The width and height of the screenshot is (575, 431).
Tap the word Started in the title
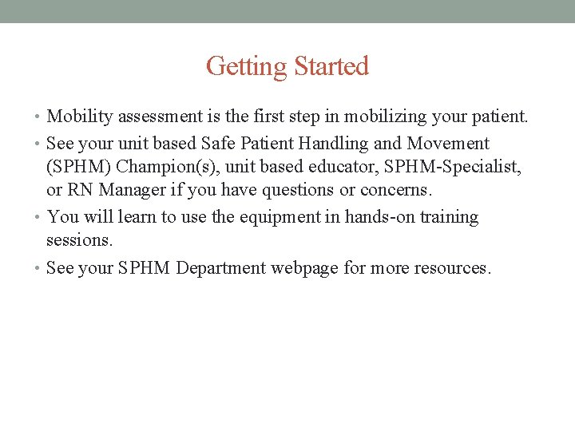click(331, 66)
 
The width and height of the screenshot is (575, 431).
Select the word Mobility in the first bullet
click(81, 117)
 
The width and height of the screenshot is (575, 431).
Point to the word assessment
click(165, 117)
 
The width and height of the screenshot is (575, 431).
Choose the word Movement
click(448, 144)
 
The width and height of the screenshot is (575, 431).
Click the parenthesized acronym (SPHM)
click(78, 167)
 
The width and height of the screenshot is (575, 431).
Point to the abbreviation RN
click(80, 190)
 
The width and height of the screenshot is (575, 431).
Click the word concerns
click(395, 190)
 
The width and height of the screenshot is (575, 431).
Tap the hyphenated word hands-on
click(376, 217)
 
